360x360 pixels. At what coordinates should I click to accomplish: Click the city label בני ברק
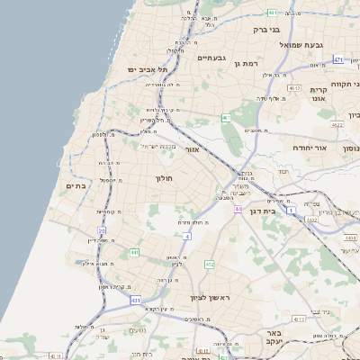point(267,30)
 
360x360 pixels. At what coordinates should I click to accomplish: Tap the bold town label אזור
point(191,148)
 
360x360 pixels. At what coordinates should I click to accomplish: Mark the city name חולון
point(164,178)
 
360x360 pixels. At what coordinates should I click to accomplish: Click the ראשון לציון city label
point(211,297)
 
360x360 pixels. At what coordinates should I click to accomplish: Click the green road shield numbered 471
point(338,59)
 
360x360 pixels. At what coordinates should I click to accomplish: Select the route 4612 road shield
point(294,88)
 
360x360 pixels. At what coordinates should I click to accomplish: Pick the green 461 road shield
point(226,118)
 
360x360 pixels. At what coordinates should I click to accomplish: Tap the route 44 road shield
point(238,209)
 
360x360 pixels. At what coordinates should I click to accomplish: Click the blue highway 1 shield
point(292,211)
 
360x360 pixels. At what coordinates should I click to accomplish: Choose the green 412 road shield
point(210,265)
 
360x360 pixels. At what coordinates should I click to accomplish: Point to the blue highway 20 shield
point(102,231)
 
